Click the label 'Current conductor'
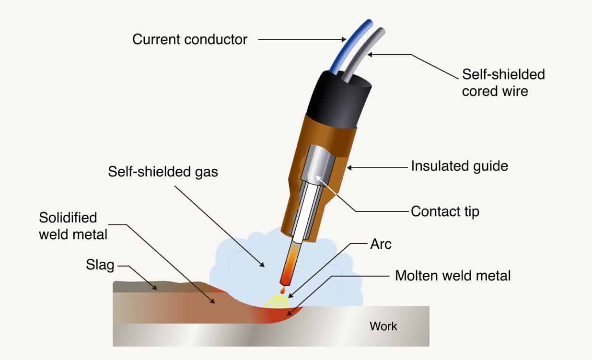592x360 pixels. tap(190, 39)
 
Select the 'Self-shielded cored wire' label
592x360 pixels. tap(503, 82)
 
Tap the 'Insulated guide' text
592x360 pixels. tap(460, 166)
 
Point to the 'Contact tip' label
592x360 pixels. tap(445, 211)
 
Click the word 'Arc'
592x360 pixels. tap(381, 244)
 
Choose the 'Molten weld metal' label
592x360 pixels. tap(453, 276)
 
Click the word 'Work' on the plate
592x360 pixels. tap(383, 326)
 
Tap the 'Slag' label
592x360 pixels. tap(100, 265)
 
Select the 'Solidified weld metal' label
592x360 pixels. tap(73, 226)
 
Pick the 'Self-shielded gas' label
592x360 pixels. tap(163, 172)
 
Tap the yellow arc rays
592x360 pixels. tap(277, 302)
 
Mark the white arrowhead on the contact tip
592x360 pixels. tap(318, 179)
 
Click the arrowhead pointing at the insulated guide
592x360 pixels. tap(349, 168)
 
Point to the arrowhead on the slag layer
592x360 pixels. tap(155, 288)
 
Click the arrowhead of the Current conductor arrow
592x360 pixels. tap(343, 39)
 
